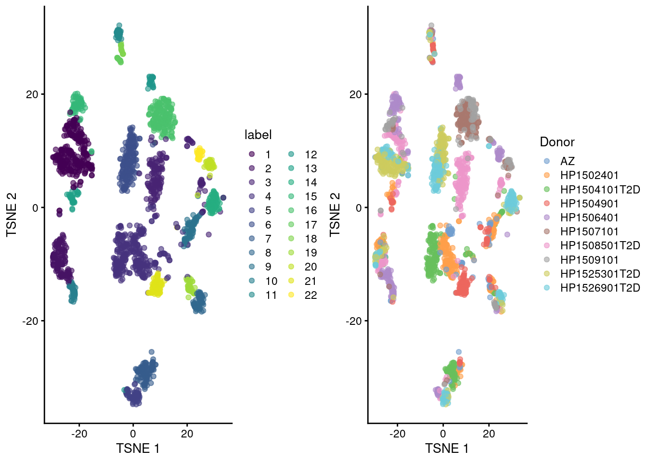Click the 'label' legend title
click(258, 135)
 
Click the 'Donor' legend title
click(557, 142)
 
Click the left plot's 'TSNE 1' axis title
click(138, 449)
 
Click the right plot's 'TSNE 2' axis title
click(335, 215)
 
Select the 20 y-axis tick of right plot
click(355, 94)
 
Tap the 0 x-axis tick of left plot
click(133, 434)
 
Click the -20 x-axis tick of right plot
click(397, 434)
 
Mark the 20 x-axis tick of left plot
click(187, 434)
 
